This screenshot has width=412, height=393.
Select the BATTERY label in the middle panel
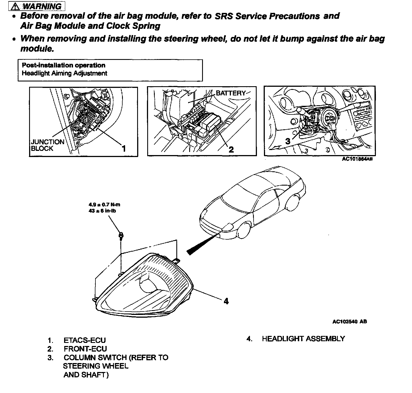pos(231,93)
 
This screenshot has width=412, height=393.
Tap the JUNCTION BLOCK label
pos(48,145)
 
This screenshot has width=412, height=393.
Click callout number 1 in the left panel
pos(123,148)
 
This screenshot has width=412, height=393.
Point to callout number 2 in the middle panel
pos(231,149)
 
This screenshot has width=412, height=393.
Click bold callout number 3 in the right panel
pos(288,141)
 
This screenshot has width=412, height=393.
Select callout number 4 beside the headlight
pos(226,301)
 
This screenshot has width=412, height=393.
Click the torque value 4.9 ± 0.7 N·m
pos(104,205)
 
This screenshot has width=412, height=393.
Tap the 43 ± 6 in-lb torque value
pos(102,210)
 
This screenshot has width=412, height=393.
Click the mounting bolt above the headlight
pos(121,235)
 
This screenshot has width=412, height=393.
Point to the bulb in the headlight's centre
pos(148,287)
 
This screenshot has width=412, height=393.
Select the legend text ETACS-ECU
pos(85,340)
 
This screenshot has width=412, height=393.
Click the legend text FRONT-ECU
pos(85,349)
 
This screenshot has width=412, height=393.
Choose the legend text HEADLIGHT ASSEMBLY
pos(303,339)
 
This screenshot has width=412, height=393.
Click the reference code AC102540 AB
pos(350,322)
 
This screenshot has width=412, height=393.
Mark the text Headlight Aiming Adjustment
pos(64,73)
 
